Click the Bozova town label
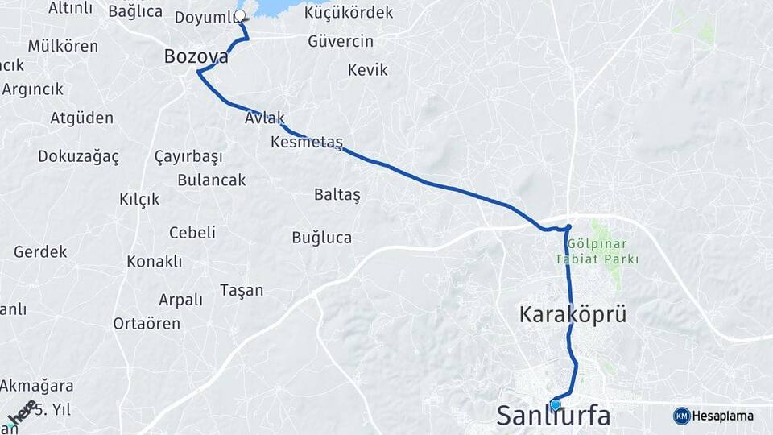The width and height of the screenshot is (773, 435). pos(196,57)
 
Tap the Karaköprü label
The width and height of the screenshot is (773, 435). pos(573,314)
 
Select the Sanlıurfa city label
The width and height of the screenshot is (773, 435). pos(553,416)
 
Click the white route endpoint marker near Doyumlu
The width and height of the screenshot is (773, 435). pos(239,15)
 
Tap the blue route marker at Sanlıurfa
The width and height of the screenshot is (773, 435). pos(555,404)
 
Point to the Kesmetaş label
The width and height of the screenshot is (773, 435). pos(307,143)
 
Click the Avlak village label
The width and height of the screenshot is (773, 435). pos(265,118)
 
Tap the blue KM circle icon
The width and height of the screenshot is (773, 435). pos(681,416)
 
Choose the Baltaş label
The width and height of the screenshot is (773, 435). pos(337,195)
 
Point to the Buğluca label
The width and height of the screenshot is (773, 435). pos(321,237)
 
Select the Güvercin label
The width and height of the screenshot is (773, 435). pos(341,41)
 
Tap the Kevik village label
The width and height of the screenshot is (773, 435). pos(367,70)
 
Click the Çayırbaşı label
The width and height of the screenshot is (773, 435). pos(188,156)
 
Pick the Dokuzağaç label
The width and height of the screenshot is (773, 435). pos(78,156)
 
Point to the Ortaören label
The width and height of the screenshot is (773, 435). pos(147,323)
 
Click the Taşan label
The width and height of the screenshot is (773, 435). pos(242,290)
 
